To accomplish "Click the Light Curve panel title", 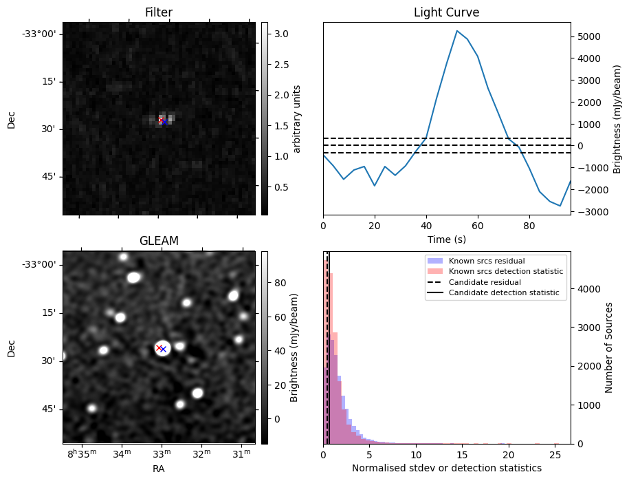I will (x=446, y=12).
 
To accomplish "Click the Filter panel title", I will (x=159, y=12).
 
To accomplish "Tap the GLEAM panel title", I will (x=159, y=241).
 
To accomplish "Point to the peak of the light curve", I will (x=456, y=31).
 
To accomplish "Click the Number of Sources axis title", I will (x=609, y=348).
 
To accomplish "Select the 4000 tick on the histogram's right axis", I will (x=586, y=289).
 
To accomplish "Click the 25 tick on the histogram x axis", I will (x=555, y=454).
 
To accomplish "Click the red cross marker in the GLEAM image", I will (x=159, y=348).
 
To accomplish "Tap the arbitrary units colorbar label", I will (x=297, y=118).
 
